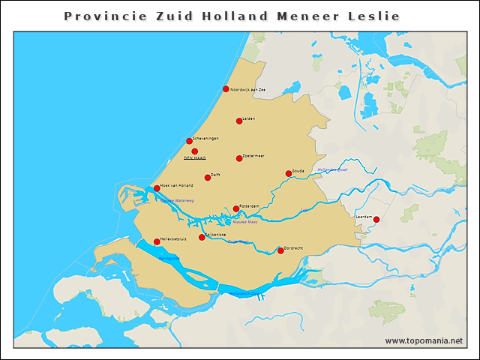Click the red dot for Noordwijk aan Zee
[x=226, y=89]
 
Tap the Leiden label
[x=249, y=118]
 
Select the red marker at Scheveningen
[x=190, y=141]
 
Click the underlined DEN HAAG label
[x=195, y=158]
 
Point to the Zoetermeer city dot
[x=239, y=158]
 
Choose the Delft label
[x=215, y=175]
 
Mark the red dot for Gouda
[x=289, y=174]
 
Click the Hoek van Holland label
[x=177, y=185]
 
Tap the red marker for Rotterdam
[x=236, y=209]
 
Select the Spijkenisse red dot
[x=202, y=238]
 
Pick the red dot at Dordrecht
[x=280, y=250]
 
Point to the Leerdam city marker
[x=376, y=220]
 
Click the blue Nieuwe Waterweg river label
[x=177, y=200]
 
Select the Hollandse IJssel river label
[x=332, y=169]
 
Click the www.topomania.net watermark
[x=424, y=340]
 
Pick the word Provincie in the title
[x=100, y=16]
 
